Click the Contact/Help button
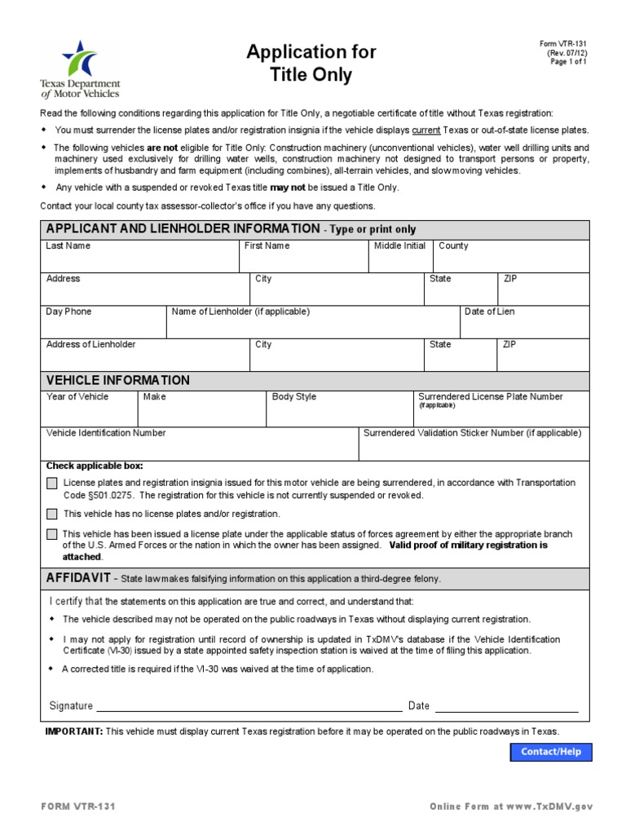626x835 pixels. (551, 752)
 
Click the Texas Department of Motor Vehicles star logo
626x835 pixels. (80, 59)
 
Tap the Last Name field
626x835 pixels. (139, 260)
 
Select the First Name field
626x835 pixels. (303, 260)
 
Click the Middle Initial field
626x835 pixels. (400, 260)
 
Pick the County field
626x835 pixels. (511, 260)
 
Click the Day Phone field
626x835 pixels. (104, 326)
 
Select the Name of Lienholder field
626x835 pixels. (313, 326)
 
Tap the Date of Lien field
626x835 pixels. (524, 326)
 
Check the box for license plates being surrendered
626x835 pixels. (52, 484)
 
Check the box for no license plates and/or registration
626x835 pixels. (52, 514)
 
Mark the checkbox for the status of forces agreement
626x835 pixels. (52, 535)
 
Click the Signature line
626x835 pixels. (249, 705)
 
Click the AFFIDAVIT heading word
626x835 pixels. (79, 577)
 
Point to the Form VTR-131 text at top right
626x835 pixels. (562, 44)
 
